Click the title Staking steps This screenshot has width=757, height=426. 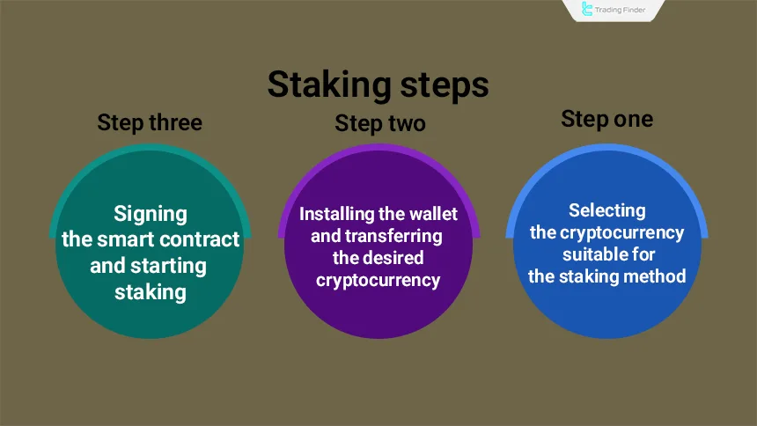click(378, 85)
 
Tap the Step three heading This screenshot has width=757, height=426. click(150, 122)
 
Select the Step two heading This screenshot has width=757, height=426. click(380, 124)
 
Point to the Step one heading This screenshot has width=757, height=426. click(607, 119)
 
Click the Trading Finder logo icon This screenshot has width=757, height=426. click(588, 11)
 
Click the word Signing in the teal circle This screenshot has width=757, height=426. click(151, 214)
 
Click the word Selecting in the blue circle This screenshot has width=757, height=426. click(606, 210)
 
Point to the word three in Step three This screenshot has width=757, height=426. click(175, 122)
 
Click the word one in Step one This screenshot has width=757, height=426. click(633, 119)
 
